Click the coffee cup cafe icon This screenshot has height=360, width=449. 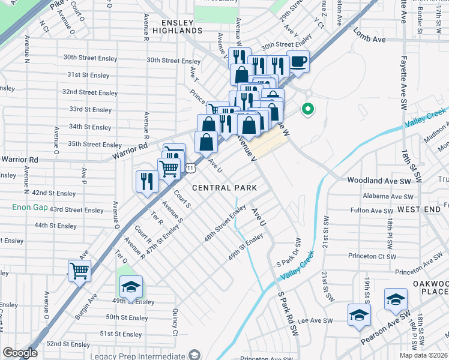tap(298, 61)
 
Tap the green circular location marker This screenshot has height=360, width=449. tap(308, 109)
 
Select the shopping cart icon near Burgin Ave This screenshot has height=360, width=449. tap(79, 271)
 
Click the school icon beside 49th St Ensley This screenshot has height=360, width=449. tap(131, 287)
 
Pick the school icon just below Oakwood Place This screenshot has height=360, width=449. tap(396, 299)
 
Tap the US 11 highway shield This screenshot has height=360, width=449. tap(190, 169)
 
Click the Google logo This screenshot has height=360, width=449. tap(20, 353)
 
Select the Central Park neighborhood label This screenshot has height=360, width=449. tap(224, 188)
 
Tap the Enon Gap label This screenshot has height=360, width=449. tap(29, 207)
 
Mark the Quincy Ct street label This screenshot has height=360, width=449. tap(175, 322)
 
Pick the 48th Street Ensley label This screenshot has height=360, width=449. tap(224, 223)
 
